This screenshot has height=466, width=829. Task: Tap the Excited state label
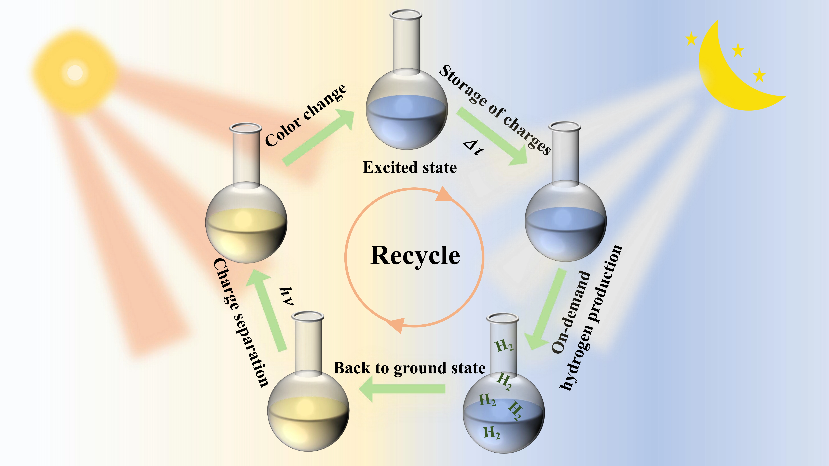(410, 168)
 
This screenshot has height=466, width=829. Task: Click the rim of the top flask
(405, 14)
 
